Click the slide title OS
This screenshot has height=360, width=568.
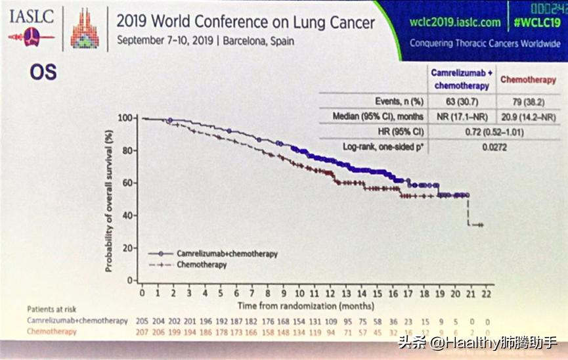pyautogui.click(x=43, y=72)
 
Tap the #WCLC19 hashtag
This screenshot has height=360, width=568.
pyautogui.click(x=536, y=22)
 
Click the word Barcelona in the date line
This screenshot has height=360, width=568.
pyautogui.click(x=242, y=41)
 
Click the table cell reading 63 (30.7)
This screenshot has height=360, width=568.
pyautogui.click(x=462, y=101)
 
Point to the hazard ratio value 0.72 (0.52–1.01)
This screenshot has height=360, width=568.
pyautogui.click(x=494, y=132)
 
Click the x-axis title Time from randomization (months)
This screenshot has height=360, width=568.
pyautogui.click(x=306, y=305)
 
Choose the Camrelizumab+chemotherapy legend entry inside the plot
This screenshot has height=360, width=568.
pyautogui.click(x=227, y=254)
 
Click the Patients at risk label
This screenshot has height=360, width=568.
pyautogui.click(x=50, y=308)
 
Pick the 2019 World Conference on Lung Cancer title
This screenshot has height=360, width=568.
pyautogui.click(x=246, y=22)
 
